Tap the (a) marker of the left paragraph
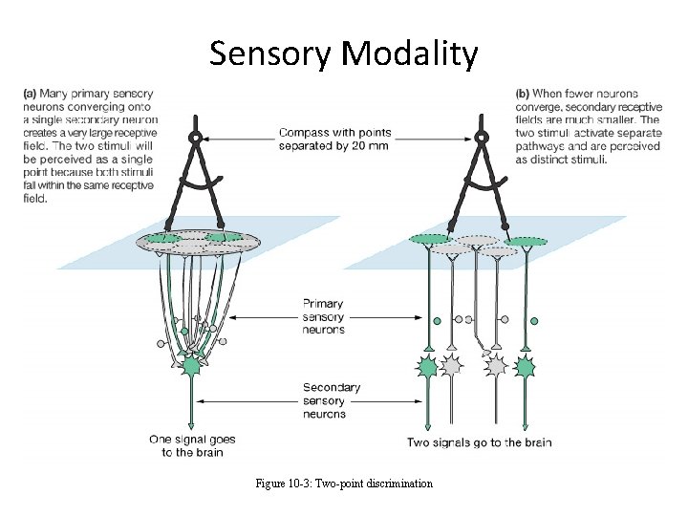point(29,94)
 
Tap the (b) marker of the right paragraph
point(523,94)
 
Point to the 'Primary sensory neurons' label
point(324,316)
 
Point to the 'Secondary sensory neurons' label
point(331,400)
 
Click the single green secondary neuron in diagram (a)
point(192,366)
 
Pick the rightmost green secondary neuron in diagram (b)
point(525,366)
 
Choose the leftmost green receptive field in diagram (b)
point(428,239)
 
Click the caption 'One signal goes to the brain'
point(192,446)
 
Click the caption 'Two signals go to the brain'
point(479,442)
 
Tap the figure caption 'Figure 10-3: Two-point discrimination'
point(344,484)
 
